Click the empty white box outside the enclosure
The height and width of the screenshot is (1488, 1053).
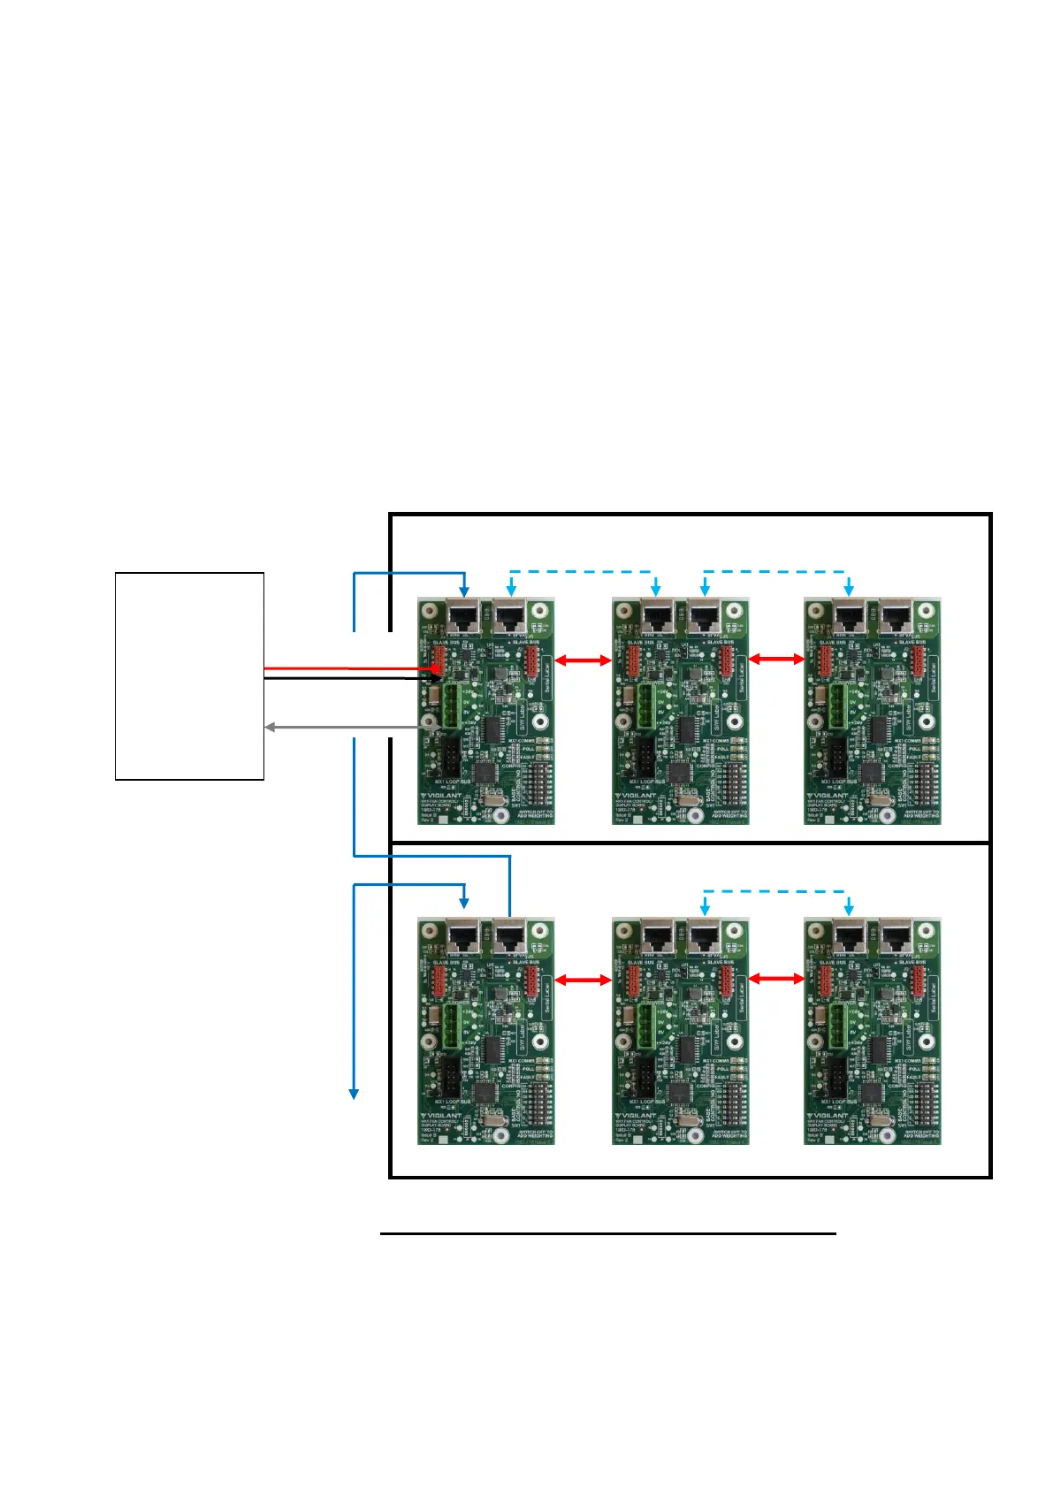click(x=189, y=675)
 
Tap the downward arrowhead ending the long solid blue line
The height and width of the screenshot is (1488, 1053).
click(x=354, y=1094)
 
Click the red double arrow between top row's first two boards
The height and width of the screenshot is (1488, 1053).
click(x=583, y=660)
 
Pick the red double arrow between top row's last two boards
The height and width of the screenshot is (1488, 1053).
click(x=776, y=659)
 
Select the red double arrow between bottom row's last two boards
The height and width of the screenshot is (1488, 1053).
click(x=776, y=979)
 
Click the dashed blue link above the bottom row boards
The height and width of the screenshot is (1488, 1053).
click(x=775, y=891)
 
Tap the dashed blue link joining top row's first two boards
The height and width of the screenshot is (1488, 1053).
click(x=583, y=572)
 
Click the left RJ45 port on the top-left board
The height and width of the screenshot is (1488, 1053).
click(x=463, y=615)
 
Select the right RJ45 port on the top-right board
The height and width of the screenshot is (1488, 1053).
click(x=896, y=615)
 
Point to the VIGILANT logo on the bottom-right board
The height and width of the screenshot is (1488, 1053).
click(x=831, y=1116)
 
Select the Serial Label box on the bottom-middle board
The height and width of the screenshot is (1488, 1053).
click(x=742, y=996)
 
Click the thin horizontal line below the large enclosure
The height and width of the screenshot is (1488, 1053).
click(x=608, y=1233)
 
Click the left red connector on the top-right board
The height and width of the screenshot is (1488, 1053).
click(x=825, y=660)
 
